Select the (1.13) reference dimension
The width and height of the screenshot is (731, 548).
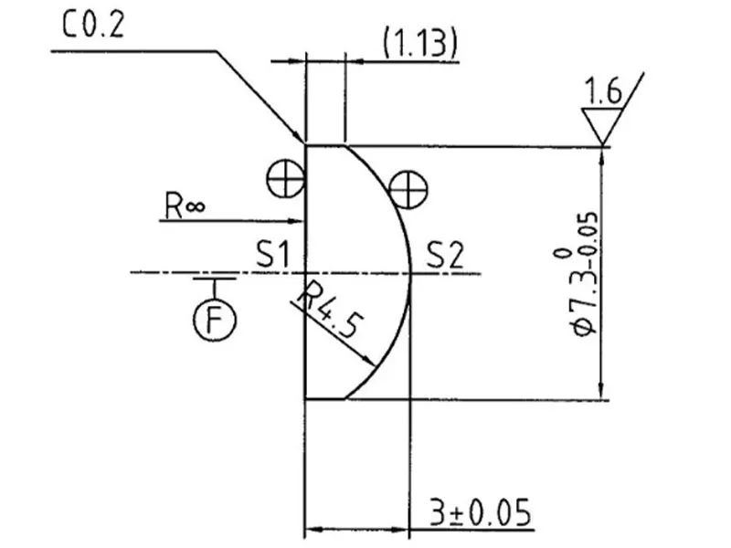(x=418, y=44)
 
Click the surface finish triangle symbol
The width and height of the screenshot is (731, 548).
(x=601, y=124)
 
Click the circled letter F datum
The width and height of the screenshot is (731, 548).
(x=216, y=319)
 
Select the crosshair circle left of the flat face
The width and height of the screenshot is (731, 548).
(x=285, y=177)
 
